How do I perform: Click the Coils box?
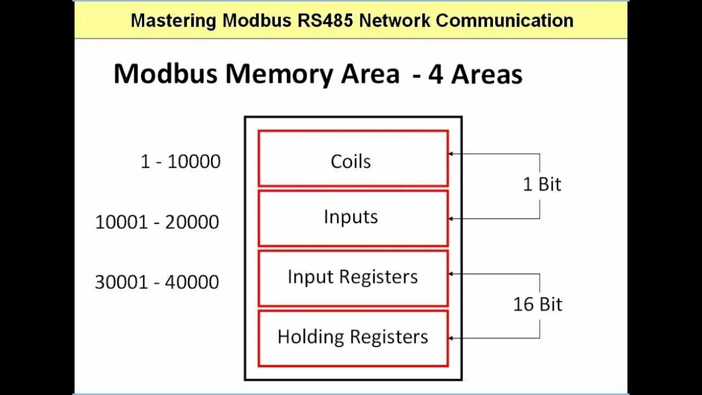point(353,159)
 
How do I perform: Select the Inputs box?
point(353,218)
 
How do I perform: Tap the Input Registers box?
point(353,278)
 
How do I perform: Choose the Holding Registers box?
point(353,338)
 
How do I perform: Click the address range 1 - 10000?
point(180,162)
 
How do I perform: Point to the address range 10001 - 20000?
point(157,222)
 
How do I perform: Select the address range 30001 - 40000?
point(157,282)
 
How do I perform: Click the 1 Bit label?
point(542,184)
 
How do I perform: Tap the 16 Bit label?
point(537,304)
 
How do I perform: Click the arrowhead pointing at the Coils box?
point(451,154)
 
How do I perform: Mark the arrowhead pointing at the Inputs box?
point(451,219)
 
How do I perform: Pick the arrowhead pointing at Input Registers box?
point(451,273)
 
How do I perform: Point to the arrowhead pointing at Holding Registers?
point(451,338)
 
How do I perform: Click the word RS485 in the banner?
point(328,21)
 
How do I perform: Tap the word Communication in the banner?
point(505,21)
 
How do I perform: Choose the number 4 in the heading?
point(436,74)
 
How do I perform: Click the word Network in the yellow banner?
point(395,21)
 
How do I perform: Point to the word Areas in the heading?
point(487,74)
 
